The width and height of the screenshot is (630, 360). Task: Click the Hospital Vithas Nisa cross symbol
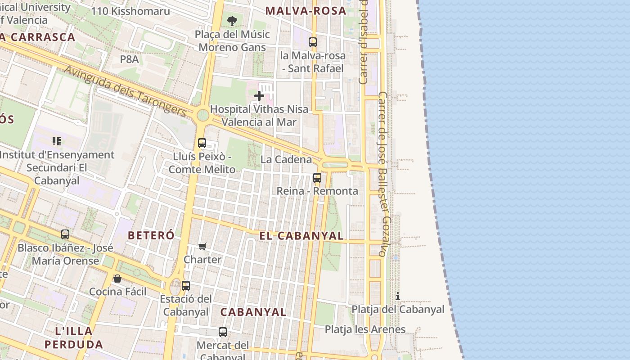point(259,96)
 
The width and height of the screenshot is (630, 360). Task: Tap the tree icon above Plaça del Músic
point(232,21)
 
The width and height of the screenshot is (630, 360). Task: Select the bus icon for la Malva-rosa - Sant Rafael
point(313,42)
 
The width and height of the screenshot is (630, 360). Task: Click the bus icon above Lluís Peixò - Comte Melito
point(202,143)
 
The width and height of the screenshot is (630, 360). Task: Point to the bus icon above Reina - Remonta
point(317,177)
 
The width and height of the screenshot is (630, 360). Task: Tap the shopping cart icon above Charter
point(202,246)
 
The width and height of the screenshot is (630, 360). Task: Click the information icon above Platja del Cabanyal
point(398,296)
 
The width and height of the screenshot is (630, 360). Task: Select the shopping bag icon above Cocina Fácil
point(117,279)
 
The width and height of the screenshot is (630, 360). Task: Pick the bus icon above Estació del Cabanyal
point(186,285)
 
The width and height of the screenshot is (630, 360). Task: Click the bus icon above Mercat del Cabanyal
point(223,332)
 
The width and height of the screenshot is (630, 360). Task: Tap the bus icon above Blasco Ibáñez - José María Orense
point(65,234)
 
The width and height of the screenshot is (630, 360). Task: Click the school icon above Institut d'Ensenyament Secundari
point(57,141)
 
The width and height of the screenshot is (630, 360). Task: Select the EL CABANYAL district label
point(301,236)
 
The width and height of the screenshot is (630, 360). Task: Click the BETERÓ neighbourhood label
point(151,235)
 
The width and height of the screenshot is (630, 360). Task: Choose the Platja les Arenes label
point(365,329)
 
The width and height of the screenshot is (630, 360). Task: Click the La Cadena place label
point(286,159)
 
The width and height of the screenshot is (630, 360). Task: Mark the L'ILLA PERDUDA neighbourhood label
point(74,338)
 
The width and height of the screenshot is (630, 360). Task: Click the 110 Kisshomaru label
point(130,11)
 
